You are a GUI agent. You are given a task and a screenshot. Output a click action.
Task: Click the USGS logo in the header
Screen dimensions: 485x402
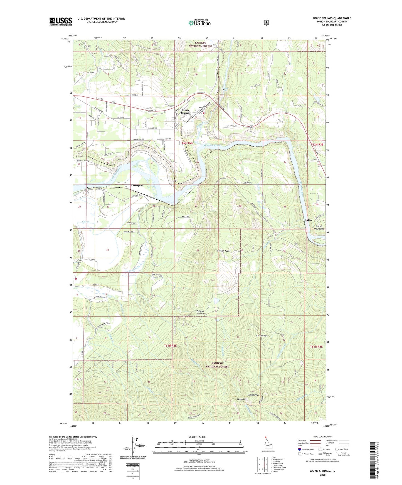click(61, 21)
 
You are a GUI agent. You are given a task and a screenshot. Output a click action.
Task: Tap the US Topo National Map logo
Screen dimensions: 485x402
click(199, 23)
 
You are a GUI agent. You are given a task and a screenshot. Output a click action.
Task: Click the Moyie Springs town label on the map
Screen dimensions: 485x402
click(186, 112)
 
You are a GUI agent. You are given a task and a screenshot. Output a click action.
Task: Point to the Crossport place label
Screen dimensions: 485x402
click(137, 185)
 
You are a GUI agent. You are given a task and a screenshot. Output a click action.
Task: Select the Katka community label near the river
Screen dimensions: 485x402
click(308, 220)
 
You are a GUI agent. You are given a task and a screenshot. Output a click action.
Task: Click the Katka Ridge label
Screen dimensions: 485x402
click(262, 336)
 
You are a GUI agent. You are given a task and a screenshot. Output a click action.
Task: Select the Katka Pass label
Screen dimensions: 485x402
click(242, 399)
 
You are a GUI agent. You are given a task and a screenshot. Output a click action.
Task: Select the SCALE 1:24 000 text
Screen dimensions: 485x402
click(197, 437)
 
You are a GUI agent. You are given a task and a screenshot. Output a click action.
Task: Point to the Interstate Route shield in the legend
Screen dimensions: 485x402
click(299, 449)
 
